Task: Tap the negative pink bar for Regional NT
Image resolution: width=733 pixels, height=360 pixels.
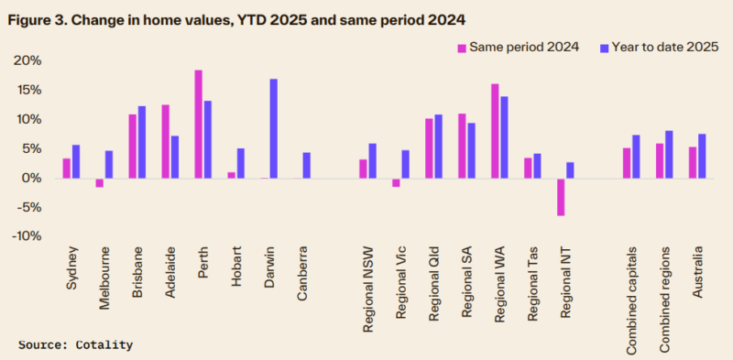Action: pos(561,197)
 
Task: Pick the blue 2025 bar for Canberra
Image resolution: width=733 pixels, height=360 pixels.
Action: pos(307,165)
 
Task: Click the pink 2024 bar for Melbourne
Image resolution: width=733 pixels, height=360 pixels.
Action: pos(99,182)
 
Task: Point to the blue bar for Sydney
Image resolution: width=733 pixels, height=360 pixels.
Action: pos(76,161)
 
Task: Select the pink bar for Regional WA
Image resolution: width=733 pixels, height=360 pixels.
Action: pos(495,131)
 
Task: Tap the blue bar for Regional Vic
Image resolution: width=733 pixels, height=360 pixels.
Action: pos(405,164)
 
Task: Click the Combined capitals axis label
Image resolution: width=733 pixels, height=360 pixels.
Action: pos(632,294)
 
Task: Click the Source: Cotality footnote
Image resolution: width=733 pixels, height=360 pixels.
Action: pos(75,344)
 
